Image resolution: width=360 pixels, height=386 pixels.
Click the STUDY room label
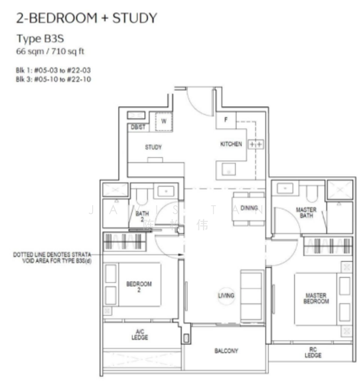coord(153,147)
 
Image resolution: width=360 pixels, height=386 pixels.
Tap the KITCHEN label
coord(231,144)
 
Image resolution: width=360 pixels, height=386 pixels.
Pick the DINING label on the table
coord(249,208)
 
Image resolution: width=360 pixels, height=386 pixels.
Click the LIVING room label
coord(226,295)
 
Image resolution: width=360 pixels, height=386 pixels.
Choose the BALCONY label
coord(226,351)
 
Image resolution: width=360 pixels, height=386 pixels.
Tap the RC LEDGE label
coord(312,353)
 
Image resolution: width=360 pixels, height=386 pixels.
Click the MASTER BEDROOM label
coord(316,299)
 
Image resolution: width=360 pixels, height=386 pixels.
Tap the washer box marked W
coord(164,120)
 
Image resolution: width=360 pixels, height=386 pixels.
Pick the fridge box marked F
coord(225,119)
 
